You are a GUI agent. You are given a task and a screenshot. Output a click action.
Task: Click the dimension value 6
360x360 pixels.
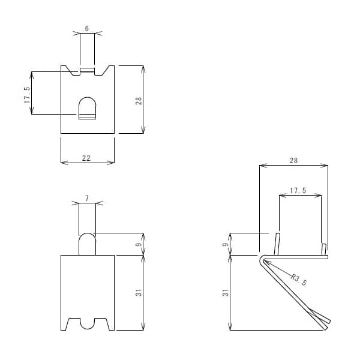point(87,28)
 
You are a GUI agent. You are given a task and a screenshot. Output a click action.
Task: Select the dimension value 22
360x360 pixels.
point(86,157)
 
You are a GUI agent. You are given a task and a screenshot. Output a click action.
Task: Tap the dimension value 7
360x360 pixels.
point(87,197)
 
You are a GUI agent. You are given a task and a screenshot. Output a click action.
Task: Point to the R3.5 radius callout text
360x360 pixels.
point(299,279)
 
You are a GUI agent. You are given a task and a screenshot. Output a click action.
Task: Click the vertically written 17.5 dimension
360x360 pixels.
point(27,95)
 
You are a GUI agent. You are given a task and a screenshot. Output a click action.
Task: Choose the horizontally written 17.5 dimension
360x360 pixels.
point(298,190)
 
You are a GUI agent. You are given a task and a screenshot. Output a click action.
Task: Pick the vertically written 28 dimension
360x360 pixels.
point(138,100)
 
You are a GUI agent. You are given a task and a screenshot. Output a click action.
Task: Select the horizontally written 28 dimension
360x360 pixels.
point(293,161)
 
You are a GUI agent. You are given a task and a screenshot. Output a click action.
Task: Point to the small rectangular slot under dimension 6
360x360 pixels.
point(87,71)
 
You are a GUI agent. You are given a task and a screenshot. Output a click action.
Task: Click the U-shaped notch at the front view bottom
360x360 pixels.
point(88,323)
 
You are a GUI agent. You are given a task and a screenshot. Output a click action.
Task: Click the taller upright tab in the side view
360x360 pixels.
point(277,244)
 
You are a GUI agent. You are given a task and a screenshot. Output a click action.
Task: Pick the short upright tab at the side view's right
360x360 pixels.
point(323,248)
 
